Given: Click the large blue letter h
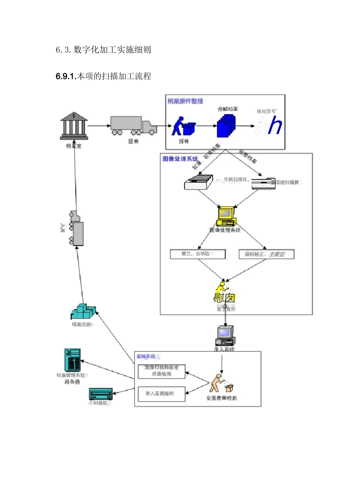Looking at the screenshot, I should pyautogui.click(x=275, y=126).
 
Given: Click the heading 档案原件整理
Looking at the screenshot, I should pyautogui.click(x=185, y=101).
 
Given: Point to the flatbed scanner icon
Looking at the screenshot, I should pyautogui.click(x=198, y=182).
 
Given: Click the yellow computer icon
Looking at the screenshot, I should pyautogui.click(x=226, y=217).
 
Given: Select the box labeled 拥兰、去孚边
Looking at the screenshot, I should pyautogui.click(x=198, y=254).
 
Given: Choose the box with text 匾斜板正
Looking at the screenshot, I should pyautogui.click(x=266, y=254).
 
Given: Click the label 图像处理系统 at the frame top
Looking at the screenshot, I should pyautogui.click(x=180, y=159).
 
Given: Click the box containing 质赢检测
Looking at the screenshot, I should pyautogui.click(x=161, y=371).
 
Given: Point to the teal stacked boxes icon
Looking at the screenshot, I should pyautogui.click(x=83, y=312).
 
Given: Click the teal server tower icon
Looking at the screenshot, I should pyautogui.click(x=72, y=360).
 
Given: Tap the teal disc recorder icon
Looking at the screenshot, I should pyautogui.click(x=101, y=394).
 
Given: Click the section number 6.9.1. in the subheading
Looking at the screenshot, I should pyautogui.click(x=66, y=76).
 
